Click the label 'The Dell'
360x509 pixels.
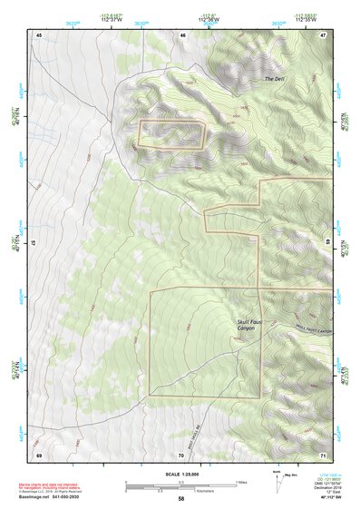(275, 79)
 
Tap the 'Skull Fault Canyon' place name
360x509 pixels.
(235, 326)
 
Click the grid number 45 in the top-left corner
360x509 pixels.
(39, 34)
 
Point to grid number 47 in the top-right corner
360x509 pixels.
(323, 34)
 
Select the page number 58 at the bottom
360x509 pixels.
(180, 499)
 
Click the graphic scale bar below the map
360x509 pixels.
(180, 485)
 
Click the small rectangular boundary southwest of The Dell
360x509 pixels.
(171, 133)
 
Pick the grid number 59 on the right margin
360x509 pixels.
(328, 242)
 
